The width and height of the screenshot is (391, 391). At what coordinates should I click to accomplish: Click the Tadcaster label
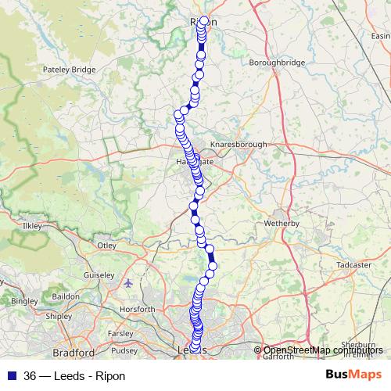coord(353,265)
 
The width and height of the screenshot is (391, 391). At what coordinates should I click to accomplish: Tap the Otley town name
coord(106,246)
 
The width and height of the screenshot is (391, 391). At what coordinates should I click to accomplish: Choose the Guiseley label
coord(99,275)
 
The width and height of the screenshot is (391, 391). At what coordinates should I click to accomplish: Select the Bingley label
coord(24,301)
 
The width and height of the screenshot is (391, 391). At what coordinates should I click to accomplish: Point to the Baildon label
coord(66,297)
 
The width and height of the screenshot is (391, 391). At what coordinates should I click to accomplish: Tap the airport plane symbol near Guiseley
coord(128,283)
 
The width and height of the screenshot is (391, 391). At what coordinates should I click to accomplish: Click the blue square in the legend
coord(11,375)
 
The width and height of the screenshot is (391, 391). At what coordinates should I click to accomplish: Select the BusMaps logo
coord(354,375)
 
